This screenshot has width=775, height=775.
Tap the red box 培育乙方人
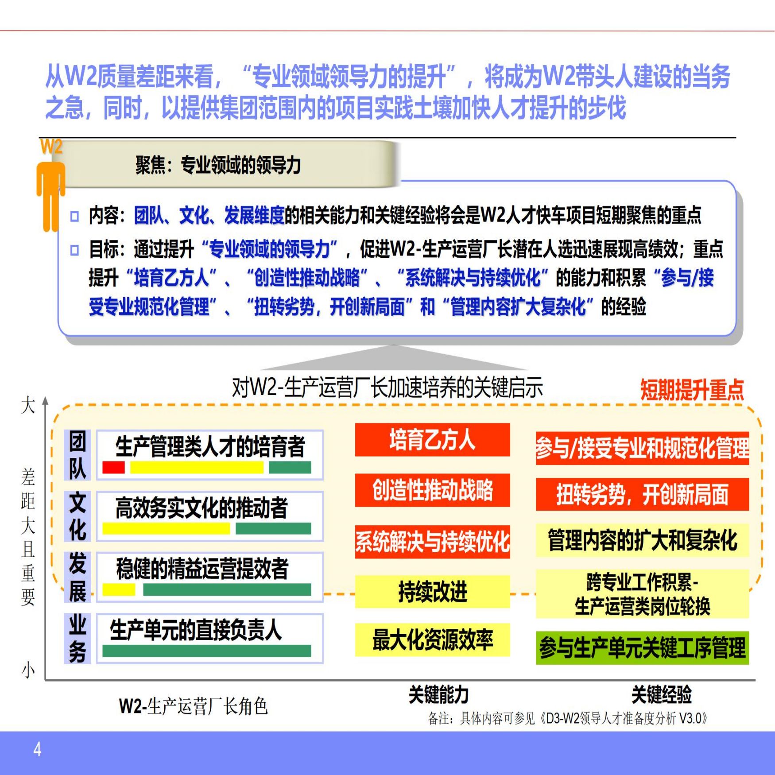point(432,440)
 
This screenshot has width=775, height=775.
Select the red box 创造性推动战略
point(432,490)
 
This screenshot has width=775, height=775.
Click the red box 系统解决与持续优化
point(432,541)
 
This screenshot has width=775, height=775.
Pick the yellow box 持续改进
point(432,592)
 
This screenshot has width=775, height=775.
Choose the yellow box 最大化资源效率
point(432,640)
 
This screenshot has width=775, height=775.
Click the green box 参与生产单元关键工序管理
point(642,648)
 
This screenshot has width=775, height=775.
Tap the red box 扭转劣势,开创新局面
point(642,494)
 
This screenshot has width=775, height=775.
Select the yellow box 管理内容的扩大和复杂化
point(642,540)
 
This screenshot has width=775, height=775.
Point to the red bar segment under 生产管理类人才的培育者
point(113,468)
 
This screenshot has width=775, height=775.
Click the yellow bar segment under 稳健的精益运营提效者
point(119,589)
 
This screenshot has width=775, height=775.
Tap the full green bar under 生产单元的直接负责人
point(206,651)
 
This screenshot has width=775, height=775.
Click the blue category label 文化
point(77,516)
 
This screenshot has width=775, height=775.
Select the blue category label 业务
point(77,638)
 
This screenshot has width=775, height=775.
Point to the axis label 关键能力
point(438,694)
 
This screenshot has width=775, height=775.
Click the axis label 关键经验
point(661,694)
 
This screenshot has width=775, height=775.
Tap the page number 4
point(38,749)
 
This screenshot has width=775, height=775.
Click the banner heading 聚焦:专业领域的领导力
point(218,165)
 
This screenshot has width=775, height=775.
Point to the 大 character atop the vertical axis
point(28,405)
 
